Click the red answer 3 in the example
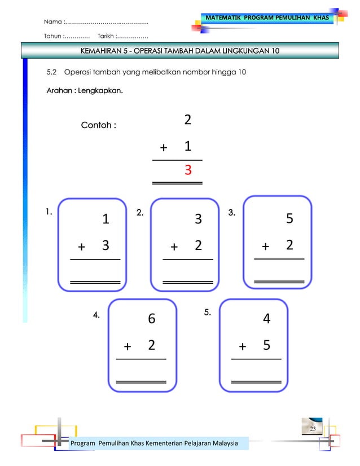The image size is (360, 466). pyautogui.click(x=187, y=170)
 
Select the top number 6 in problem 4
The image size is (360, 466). pyautogui.click(x=151, y=319)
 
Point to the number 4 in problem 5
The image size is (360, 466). pyautogui.click(x=267, y=319)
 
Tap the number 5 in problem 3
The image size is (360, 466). pyautogui.click(x=289, y=219)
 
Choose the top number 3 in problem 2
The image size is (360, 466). pyautogui.click(x=198, y=219)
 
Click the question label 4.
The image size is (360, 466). pyautogui.click(x=96, y=315)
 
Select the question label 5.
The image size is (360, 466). pyautogui.click(x=207, y=311)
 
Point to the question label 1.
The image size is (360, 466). pyautogui.click(x=49, y=212)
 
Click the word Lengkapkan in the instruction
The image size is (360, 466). pyautogui.click(x=101, y=90)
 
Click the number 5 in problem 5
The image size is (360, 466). pyautogui.click(x=266, y=345)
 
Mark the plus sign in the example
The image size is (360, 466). pyautogui.click(x=164, y=148)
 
